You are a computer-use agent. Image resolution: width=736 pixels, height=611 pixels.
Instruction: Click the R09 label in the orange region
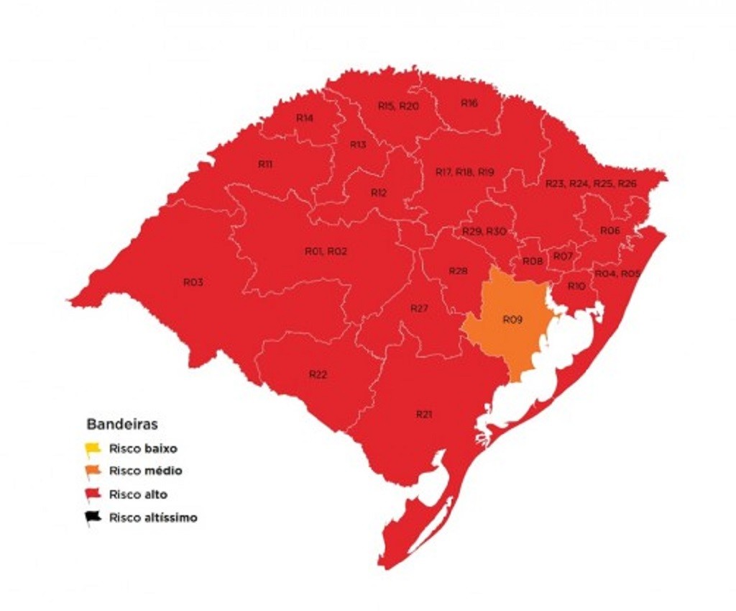512,319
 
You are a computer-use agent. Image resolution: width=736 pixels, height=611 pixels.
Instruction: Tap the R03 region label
193,282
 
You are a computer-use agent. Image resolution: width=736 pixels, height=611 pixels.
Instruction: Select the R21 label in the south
424,414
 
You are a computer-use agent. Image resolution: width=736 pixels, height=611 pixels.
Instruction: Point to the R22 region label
318,374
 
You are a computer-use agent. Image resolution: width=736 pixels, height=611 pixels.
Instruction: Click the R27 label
419,308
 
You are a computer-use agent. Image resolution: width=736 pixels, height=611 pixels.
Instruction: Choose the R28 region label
458,271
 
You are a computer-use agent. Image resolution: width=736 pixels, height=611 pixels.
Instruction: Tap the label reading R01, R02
326,251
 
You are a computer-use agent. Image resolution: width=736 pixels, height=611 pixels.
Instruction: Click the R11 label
264,164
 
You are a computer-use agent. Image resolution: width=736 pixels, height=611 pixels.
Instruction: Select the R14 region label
304,117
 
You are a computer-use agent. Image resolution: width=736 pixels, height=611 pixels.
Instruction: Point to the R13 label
358,145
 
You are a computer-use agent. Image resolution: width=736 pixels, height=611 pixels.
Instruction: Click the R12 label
378,192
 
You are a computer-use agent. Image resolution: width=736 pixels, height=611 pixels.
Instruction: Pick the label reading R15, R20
398,106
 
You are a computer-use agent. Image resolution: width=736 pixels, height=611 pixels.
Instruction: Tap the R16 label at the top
469,103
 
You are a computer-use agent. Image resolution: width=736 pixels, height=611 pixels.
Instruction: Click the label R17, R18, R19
465,172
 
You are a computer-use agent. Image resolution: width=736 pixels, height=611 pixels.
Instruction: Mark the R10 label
576,286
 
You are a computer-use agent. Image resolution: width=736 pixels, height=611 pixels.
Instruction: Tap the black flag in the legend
93,517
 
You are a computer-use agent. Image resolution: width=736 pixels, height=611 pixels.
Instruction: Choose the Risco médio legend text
145,471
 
